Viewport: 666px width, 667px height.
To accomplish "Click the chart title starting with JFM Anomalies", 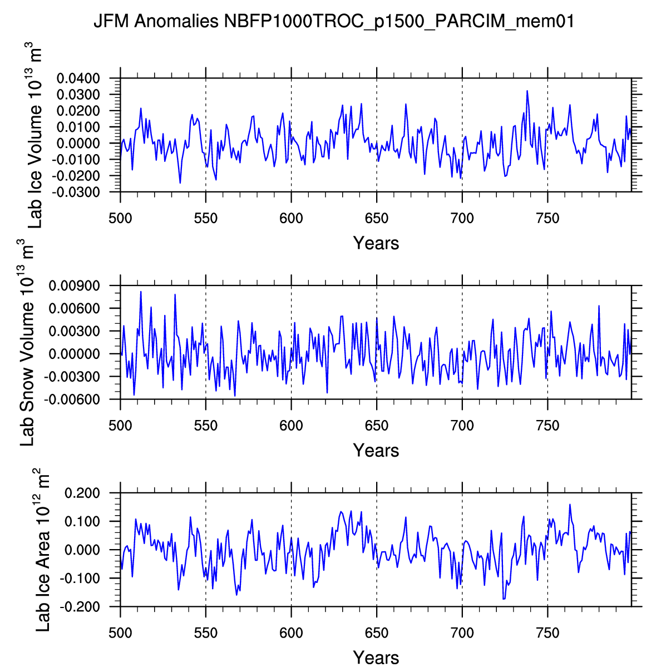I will (333, 22).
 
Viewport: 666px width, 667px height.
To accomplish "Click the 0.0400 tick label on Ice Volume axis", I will (78, 78).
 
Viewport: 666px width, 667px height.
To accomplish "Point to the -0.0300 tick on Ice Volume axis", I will (78, 192).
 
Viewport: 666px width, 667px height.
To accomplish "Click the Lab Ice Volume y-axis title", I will (35, 136).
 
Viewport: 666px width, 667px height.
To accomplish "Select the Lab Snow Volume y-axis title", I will (27, 343).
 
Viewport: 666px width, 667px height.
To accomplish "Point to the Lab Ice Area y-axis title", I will (42, 550).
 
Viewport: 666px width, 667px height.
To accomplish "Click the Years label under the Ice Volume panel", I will (376, 243).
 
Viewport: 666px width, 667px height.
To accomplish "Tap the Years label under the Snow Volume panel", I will (376, 450).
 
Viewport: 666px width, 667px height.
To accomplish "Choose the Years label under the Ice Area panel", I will (376, 657).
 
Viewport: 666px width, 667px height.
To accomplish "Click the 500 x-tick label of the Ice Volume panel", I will (120, 219).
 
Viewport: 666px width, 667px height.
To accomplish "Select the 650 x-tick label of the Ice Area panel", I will (377, 633).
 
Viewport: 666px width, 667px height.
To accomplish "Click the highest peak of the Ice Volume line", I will (527, 91).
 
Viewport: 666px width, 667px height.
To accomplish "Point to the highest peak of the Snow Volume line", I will (141, 291).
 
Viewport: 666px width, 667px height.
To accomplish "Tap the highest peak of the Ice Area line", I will (570, 505).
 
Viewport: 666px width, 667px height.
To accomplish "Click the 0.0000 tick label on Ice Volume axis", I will (78, 144).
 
